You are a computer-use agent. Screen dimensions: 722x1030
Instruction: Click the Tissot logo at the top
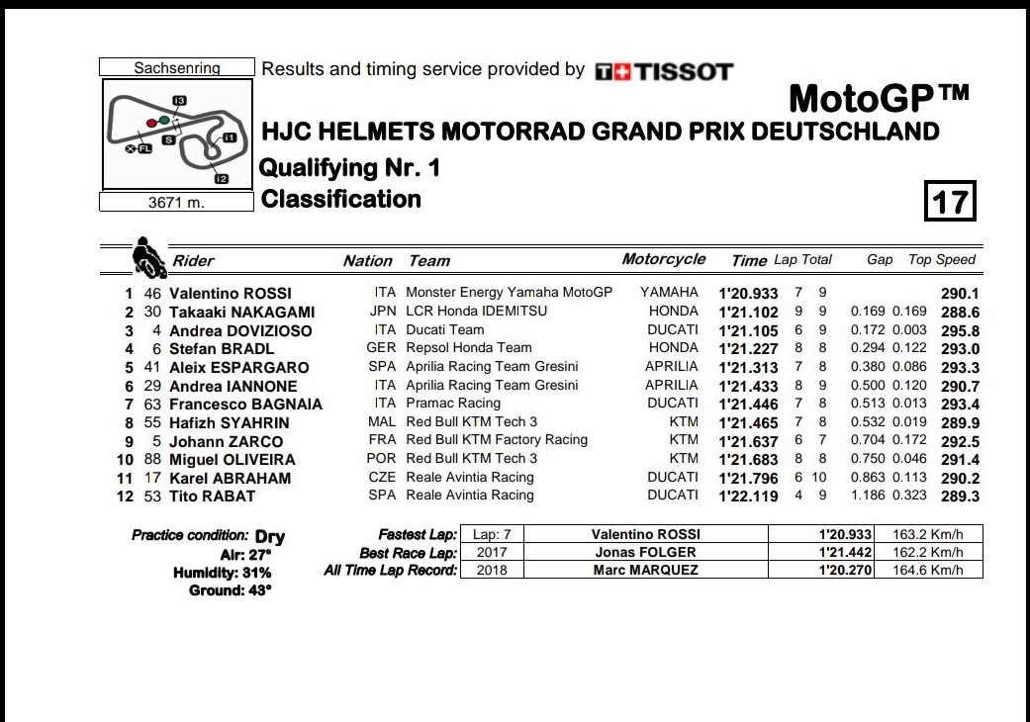663,71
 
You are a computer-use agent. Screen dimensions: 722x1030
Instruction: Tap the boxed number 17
950,201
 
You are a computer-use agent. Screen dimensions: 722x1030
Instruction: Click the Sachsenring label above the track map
177,68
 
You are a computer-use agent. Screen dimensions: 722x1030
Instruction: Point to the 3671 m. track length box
177,203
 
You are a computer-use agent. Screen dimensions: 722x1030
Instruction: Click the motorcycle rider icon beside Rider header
148,257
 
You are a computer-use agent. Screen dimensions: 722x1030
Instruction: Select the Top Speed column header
941,260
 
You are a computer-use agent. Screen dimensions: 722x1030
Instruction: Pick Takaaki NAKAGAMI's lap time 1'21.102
748,312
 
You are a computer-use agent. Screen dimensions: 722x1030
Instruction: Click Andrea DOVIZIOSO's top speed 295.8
960,330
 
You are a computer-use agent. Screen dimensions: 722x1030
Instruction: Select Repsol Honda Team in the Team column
469,348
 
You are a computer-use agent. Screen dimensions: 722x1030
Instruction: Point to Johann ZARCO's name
226,441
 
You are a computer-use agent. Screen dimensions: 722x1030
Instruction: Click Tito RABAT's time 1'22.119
748,496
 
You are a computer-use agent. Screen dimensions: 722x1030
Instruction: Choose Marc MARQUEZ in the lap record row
645,571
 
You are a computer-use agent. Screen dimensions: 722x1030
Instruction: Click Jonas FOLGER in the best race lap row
645,552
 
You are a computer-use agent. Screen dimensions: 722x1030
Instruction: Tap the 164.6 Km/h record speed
933,571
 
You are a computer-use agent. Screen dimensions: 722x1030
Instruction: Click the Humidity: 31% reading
222,573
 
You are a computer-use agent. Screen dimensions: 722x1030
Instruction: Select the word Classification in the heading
341,200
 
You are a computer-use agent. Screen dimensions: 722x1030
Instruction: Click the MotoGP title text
879,99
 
